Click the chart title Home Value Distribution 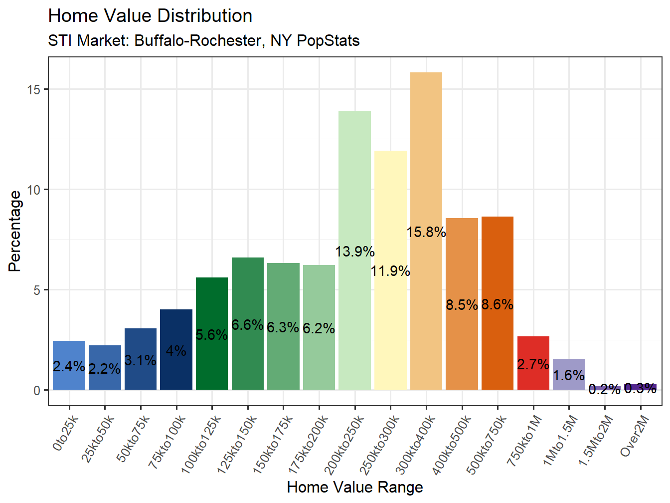(150, 16)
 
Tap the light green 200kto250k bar (354, 190)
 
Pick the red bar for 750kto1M (533, 379)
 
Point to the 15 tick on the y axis (34, 90)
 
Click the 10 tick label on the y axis (34, 190)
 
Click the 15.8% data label (426, 232)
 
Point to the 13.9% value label (354, 251)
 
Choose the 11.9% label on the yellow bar (390, 271)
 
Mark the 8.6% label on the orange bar (498, 304)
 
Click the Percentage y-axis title (15, 231)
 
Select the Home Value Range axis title (355, 487)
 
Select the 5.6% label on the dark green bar (212, 335)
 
